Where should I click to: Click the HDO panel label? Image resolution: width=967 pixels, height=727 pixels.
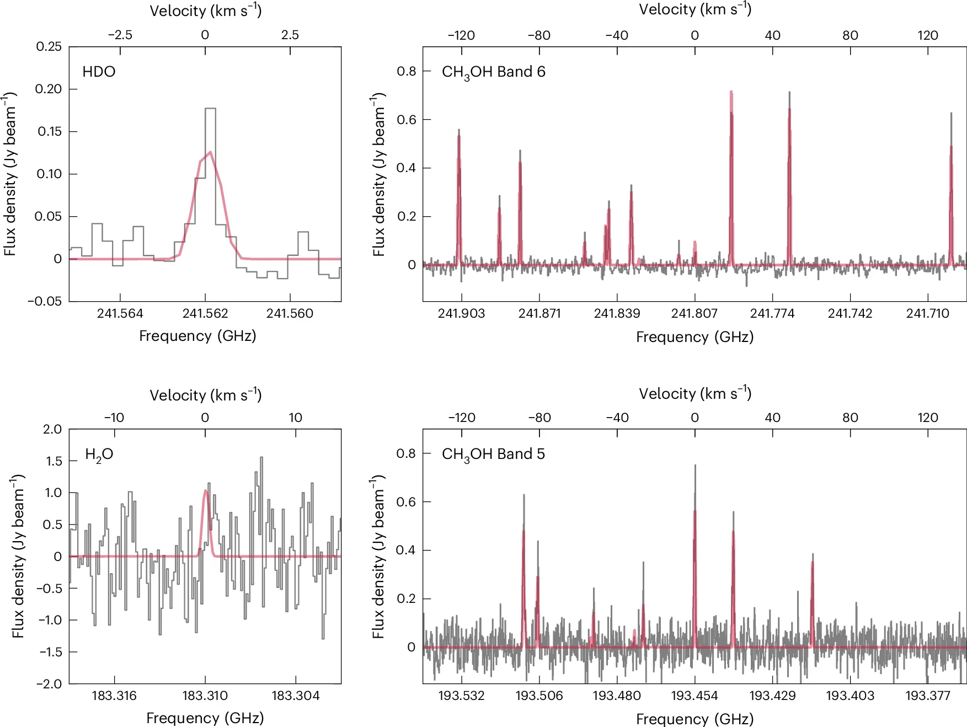point(99,72)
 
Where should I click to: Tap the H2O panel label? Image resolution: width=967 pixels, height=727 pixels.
point(99,455)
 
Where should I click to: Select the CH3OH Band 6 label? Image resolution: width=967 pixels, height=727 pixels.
point(493,72)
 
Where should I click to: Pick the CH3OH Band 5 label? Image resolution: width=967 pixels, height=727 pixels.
point(493,455)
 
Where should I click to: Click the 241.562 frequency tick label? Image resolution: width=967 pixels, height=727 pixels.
point(205,313)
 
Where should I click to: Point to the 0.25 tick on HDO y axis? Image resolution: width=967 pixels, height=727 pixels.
point(49,46)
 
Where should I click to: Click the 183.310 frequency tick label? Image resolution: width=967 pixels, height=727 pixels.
point(205,696)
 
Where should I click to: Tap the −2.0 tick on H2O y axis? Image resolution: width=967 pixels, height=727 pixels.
point(49,683)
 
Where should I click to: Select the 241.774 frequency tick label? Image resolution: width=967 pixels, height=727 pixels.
point(772,313)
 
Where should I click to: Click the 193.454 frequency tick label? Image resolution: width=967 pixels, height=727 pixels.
point(694,696)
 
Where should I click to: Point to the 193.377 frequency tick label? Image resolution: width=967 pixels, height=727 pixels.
point(927,696)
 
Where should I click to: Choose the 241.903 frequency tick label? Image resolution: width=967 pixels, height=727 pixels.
point(461,313)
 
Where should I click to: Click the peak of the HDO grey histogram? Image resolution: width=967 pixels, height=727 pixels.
point(210,109)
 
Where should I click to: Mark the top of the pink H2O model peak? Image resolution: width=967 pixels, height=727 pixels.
point(206,490)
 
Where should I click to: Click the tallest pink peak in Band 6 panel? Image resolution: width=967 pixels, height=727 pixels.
point(731,92)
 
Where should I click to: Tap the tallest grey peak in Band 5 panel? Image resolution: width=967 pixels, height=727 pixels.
point(694,466)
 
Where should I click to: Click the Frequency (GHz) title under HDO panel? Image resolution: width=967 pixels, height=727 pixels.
point(197,336)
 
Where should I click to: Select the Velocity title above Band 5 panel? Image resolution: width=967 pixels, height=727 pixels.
point(694,394)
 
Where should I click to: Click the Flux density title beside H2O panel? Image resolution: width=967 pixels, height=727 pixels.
point(18,556)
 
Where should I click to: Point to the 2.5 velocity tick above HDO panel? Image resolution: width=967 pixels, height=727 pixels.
point(290,35)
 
